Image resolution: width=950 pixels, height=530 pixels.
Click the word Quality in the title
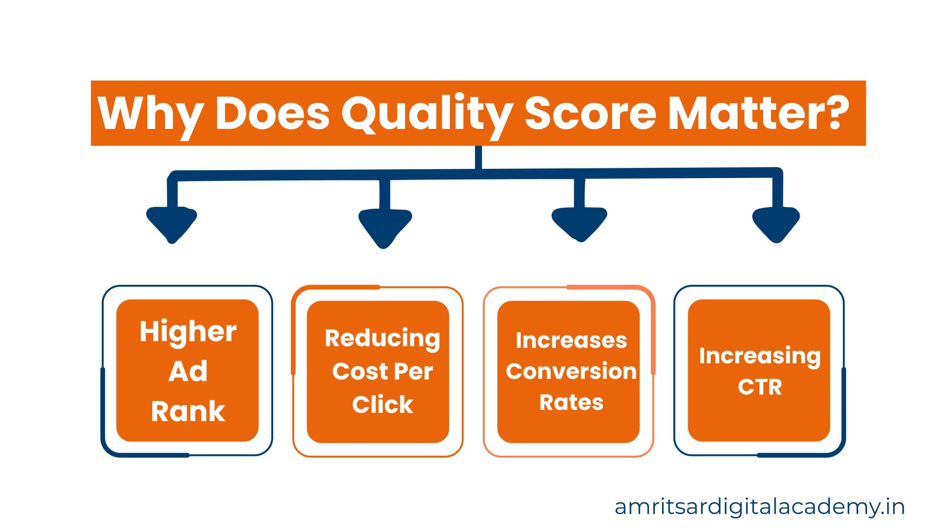pyautogui.click(x=427, y=114)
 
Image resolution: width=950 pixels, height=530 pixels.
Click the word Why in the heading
pyautogui.click(x=150, y=114)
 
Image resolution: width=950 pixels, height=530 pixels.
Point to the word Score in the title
pyautogui.click(x=590, y=114)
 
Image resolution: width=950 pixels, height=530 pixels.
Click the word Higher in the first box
pyautogui.click(x=188, y=332)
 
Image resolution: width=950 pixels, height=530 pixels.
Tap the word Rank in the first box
pyautogui.click(x=188, y=411)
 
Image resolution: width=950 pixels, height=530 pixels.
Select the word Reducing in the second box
pyautogui.click(x=382, y=338)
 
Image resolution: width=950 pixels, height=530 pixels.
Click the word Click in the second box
pyautogui.click(x=382, y=404)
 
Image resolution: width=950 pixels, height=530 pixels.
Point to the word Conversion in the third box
pyautogui.click(x=571, y=371)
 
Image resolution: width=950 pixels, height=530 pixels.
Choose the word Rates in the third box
pyautogui.click(x=571, y=402)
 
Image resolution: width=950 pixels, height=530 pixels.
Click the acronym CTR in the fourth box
pyautogui.click(x=759, y=387)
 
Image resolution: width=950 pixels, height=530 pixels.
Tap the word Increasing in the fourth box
pyautogui.click(x=759, y=356)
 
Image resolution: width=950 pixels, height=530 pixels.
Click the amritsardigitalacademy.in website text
pyautogui.click(x=759, y=507)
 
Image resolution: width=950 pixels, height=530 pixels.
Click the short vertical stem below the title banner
pyautogui.click(x=478, y=158)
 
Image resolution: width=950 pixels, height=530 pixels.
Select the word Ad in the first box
pyautogui.click(x=188, y=371)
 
